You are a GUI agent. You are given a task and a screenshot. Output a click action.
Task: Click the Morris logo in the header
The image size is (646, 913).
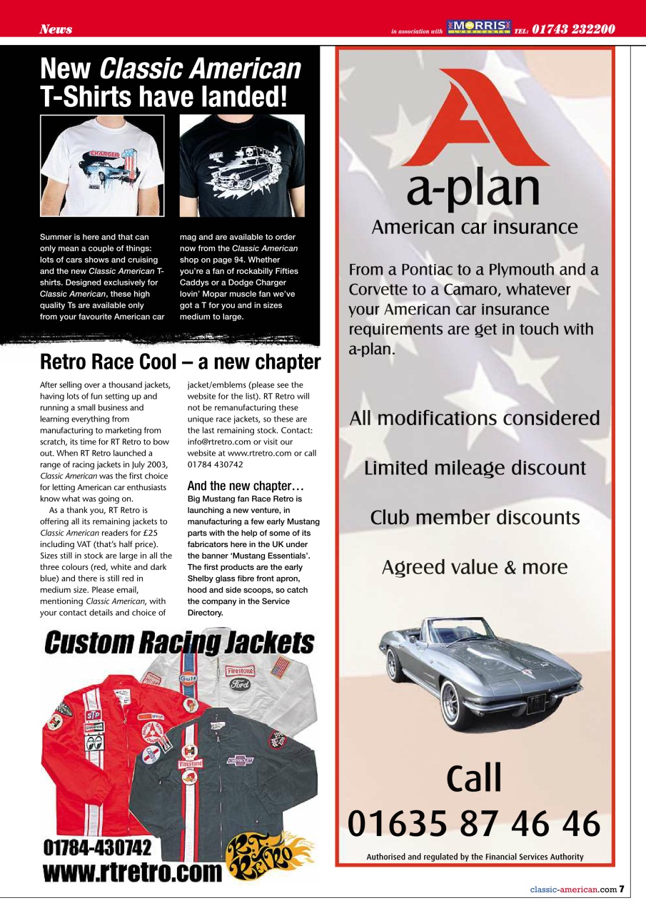479,28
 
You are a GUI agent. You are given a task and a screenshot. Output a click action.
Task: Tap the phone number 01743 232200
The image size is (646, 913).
573,29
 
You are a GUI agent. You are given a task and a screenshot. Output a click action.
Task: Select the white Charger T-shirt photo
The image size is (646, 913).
102,165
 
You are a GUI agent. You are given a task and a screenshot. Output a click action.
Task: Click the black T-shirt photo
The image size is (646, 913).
241,165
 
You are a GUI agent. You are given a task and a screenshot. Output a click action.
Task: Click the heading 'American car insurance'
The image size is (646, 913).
475,228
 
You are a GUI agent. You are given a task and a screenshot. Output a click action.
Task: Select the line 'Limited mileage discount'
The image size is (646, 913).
475,468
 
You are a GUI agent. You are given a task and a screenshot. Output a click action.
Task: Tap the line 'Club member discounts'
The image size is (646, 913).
475,517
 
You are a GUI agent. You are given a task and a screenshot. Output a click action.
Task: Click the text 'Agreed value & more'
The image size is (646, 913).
475,567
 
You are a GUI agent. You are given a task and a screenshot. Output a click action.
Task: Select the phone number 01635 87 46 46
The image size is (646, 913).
474,825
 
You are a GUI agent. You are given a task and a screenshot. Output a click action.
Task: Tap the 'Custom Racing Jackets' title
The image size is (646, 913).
179,643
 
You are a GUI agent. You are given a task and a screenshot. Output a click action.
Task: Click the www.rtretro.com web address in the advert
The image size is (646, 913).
133,872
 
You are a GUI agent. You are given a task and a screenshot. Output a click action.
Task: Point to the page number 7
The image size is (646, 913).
622,889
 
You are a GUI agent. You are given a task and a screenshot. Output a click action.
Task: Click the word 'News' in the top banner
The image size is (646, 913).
56,29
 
